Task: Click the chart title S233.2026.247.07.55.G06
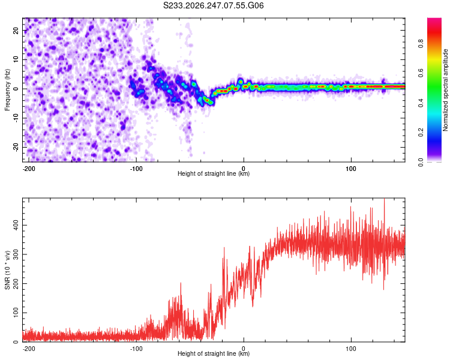[x=213, y=5]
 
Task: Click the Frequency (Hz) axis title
[x=7, y=90]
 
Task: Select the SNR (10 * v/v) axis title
[x=7, y=270]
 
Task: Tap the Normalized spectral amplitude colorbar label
[x=445, y=90]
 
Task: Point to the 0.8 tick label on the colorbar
[x=421, y=44]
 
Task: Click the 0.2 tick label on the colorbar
[x=421, y=132]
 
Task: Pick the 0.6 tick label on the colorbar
[x=421, y=73]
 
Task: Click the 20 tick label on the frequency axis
[x=16, y=30]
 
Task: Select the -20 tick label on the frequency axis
[x=16, y=148]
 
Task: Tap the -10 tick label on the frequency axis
[x=16, y=118]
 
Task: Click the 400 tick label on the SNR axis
[x=16, y=226]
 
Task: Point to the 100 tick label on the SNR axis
[x=16, y=313]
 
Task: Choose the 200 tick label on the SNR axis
[x=16, y=284]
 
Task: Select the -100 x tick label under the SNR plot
[x=136, y=349]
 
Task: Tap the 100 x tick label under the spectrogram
[x=351, y=169]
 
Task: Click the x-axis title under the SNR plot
[x=214, y=353]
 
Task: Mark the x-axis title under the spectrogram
[x=214, y=173]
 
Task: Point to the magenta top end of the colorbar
[x=434, y=19]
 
